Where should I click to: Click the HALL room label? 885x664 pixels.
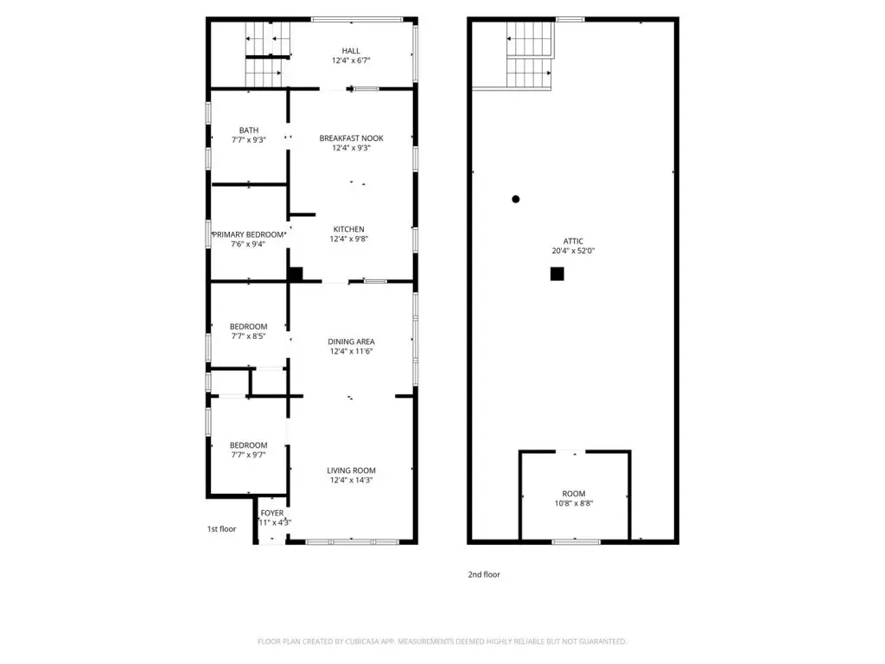(x=351, y=51)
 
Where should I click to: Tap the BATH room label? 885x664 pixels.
(x=249, y=131)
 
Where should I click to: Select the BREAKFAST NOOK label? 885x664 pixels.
(x=351, y=138)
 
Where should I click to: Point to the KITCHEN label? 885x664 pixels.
(x=349, y=229)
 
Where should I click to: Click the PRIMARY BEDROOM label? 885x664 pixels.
(x=248, y=235)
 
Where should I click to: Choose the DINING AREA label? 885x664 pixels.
(x=351, y=342)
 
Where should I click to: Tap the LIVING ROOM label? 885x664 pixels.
(x=351, y=470)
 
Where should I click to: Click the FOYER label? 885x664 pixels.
(x=272, y=514)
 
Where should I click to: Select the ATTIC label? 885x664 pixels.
(x=573, y=241)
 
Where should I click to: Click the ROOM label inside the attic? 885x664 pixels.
(x=574, y=494)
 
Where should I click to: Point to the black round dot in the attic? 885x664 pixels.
(x=515, y=200)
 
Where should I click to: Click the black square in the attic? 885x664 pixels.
(x=557, y=274)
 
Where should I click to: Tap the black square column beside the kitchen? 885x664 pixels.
(x=296, y=274)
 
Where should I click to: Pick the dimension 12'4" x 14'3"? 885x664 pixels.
(x=351, y=481)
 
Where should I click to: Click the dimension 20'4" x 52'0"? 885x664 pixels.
(x=573, y=251)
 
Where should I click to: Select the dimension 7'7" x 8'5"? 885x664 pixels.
(x=248, y=336)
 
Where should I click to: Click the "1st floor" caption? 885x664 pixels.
(x=222, y=529)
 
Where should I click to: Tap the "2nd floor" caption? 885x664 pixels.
(x=484, y=575)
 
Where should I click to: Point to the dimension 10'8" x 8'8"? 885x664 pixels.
(x=574, y=504)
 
